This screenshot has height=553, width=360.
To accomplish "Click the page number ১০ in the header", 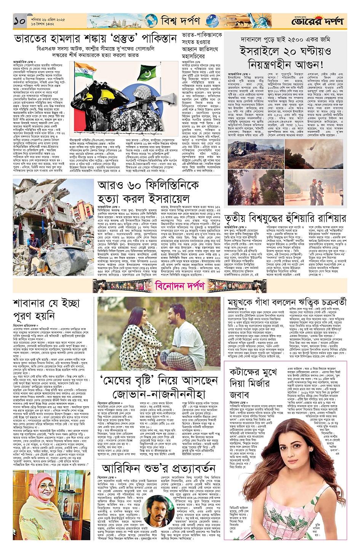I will (19, 21).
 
